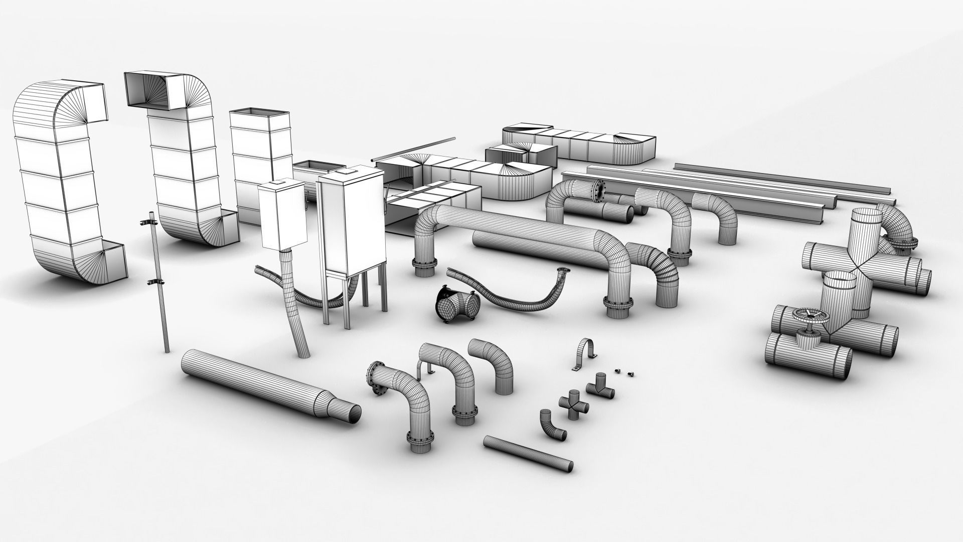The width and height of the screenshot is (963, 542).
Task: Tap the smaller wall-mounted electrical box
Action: coord(282,216)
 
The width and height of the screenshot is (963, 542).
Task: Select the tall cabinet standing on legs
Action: coord(352,221)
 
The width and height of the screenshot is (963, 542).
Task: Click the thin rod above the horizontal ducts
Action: coord(414,150)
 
